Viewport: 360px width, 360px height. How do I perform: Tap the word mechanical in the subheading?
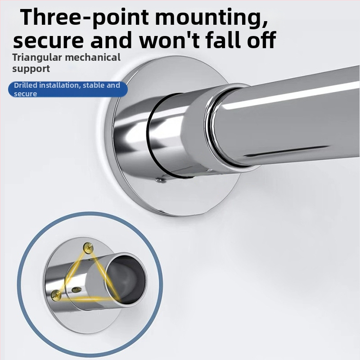93,57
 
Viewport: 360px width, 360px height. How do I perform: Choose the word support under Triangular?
31,69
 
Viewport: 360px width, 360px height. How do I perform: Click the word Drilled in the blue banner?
26,85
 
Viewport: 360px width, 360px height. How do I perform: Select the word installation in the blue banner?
60,85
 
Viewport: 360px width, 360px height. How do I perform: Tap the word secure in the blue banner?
25,94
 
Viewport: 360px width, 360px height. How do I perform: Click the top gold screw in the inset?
88,248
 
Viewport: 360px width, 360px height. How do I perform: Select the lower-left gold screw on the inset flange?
56,295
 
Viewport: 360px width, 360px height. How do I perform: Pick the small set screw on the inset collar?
76,290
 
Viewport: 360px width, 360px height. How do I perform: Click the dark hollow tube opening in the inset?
126,279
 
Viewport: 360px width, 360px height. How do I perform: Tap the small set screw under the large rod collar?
161,180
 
